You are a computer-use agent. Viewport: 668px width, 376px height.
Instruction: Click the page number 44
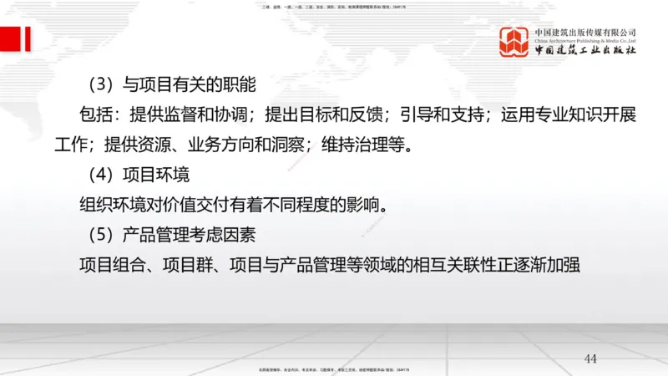pos(591,359)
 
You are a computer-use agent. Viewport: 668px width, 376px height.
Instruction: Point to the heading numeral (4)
pos(100,175)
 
